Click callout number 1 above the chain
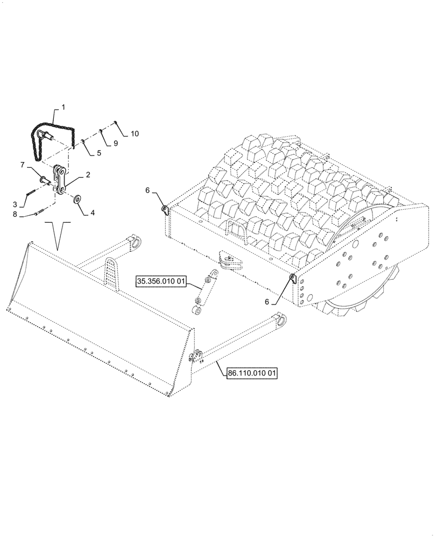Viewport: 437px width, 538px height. [63, 108]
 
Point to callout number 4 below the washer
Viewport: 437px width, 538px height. [92, 213]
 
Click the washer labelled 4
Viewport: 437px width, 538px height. [78, 200]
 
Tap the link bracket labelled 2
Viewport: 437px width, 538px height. [60, 180]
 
